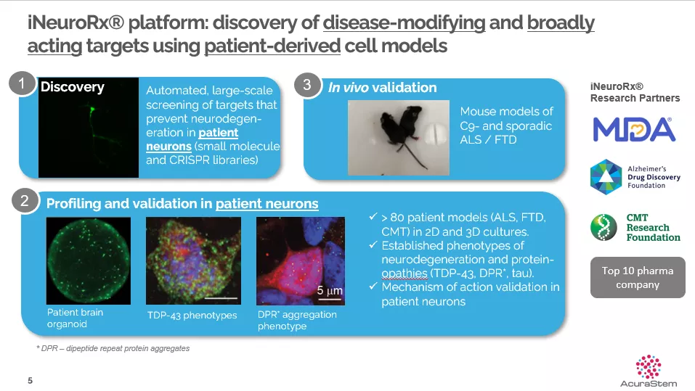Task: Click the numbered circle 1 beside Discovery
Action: tap(22, 83)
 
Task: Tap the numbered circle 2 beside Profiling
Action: tap(25, 201)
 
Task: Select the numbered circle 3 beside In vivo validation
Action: tap(307, 85)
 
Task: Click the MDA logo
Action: tap(634, 129)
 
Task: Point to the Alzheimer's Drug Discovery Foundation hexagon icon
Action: tap(606, 177)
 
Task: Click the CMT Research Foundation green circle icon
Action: tap(603, 227)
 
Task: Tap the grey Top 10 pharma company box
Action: tap(638, 278)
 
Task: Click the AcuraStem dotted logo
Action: tap(649, 367)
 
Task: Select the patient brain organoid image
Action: tap(89, 261)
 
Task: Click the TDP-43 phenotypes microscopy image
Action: tap(194, 261)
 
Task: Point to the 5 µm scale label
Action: tap(329, 291)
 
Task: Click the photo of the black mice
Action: tap(399, 138)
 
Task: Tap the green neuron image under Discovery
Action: tap(89, 128)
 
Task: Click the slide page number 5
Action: tap(31, 380)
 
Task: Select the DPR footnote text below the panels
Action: tap(113, 348)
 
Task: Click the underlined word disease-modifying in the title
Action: tap(404, 23)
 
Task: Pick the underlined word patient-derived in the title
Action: tap(272, 46)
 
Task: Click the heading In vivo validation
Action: tap(382, 88)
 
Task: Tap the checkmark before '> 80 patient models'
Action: tap(373, 216)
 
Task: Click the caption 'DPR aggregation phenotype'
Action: tap(297, 320)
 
